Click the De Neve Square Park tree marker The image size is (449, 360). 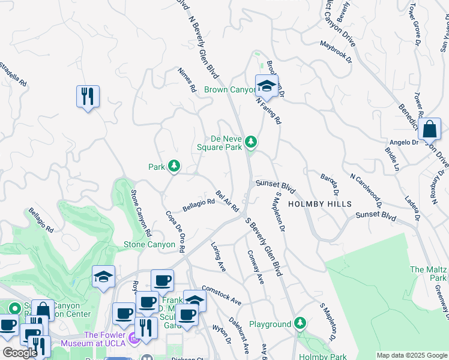coord(251,142)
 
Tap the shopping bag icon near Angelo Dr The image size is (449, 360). coord(430,128)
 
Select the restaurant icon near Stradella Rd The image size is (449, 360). coord(88,96)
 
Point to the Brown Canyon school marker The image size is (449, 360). coord(266,86)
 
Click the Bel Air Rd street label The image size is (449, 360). coord(228,201)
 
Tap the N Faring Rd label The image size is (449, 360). coord(268,111)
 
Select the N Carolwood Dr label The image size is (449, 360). coord(366,190)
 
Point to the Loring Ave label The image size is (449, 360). coord(217,257)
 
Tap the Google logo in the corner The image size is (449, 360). coord(20,353)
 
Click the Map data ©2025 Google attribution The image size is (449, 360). coord(411,355)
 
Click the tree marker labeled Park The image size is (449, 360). coord(173,166)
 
